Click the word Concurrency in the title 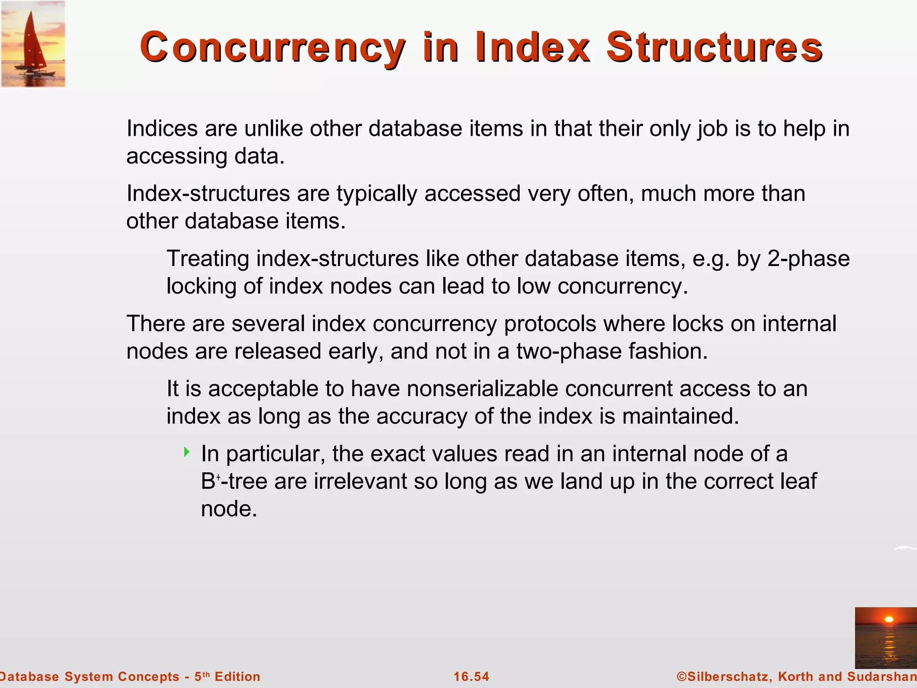272,47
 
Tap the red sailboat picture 33,44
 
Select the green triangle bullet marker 187,452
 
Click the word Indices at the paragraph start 162,129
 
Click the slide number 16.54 471,676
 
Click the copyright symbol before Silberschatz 681,676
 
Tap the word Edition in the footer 237,676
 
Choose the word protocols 550,324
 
